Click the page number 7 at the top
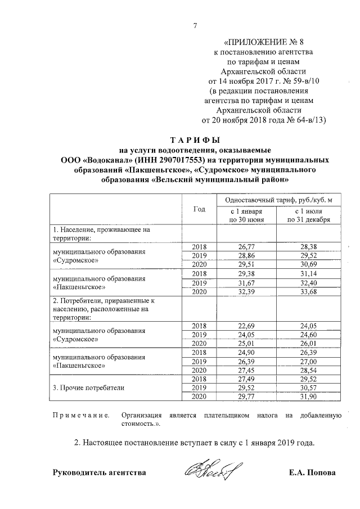click(195, 25)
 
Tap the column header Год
click(199, 209)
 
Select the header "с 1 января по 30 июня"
click(245, 215)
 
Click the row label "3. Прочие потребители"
click(88, 388)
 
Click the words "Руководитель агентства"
click(99, 472)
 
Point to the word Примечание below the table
click(80, 416)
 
